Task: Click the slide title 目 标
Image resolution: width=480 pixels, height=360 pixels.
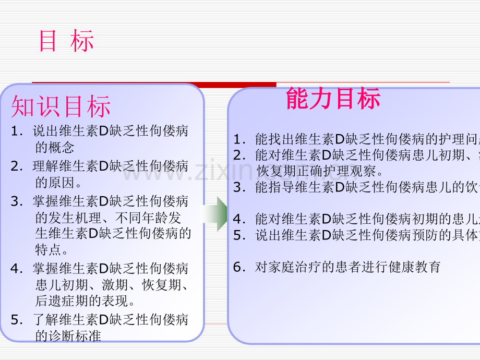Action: pos(67,41)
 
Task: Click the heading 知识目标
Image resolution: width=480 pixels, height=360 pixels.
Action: pos(61,107)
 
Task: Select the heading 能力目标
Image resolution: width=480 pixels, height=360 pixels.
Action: pos(333,99)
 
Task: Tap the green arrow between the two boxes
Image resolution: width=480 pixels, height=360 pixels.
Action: pos(214,214)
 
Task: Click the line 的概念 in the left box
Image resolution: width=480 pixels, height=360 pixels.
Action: pos(55,147)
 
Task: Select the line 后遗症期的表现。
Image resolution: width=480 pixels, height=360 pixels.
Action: pos(86,301)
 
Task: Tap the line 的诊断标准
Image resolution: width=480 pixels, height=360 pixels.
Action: pos(68,335)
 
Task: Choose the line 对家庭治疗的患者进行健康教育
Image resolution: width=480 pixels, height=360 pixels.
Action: pos(348,268)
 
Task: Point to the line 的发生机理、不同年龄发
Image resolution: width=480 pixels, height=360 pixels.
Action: pos(108,218)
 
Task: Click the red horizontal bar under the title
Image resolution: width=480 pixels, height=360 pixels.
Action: pos(154,84)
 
